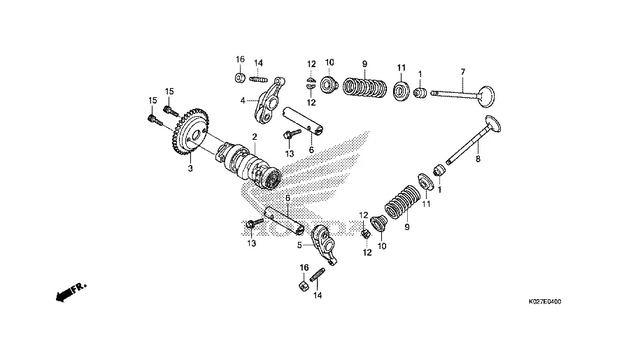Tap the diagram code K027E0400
tap(545, 303)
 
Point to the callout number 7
tap(462, 72)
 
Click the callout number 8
tap(478, 160)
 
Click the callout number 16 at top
tap(240, 59)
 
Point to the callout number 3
tap(189, 168)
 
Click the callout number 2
tap(255, 136)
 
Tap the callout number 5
tap(298, 245)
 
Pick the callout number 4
tap(242, 101)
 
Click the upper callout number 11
tap(401, 67)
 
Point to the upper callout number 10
tap(329, 62)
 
